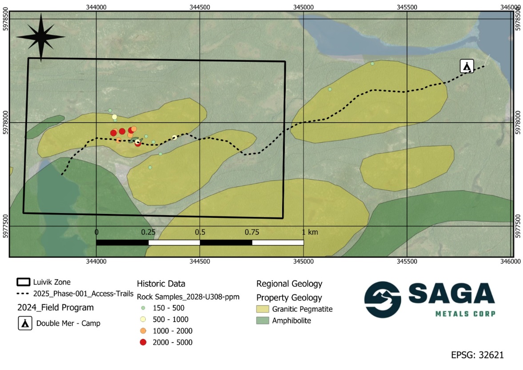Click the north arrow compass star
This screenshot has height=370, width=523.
pos(40,37)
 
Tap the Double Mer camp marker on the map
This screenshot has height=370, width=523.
pos(467,66)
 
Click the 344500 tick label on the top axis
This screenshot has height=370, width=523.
pos(200,7)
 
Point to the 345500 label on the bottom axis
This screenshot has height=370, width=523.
pos(407,262)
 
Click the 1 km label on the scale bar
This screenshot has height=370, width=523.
pos(310,232)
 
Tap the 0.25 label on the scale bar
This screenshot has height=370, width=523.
pos(148,232)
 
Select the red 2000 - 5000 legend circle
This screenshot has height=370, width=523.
pos(143,342)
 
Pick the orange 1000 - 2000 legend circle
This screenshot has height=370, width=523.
pos(143,331)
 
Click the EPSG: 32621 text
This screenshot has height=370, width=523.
pos(478,355)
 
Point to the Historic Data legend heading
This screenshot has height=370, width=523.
pos(161,284)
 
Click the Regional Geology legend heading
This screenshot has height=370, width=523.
pos(289,284)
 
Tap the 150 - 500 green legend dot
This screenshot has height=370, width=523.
pos(143,308)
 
